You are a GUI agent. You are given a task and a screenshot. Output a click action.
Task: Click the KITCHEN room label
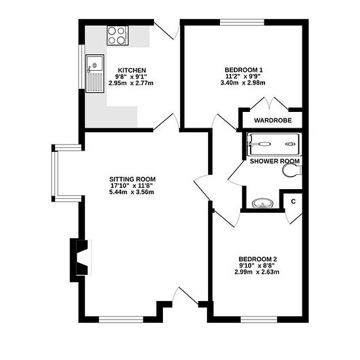point(132,70)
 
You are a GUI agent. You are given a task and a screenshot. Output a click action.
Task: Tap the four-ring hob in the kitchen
point(117,35)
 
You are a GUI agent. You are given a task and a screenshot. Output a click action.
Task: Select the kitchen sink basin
point(95,63)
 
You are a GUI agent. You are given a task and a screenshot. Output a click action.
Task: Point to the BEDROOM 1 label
point(243,70)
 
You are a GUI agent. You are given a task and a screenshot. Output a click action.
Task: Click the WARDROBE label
point(273,120)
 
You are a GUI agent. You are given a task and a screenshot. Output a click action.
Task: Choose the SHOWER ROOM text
point(275,161)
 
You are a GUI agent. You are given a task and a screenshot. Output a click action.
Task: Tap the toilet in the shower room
point(291,171)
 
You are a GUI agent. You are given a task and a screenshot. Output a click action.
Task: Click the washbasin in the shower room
point(262,204)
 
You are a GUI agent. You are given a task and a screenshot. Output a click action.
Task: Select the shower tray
point(274,144)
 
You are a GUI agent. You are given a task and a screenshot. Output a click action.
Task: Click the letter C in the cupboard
point(293,202)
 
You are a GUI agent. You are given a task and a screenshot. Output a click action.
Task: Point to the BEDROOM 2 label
point(258,259)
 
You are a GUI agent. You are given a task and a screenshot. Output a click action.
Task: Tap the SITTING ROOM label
point(132,179)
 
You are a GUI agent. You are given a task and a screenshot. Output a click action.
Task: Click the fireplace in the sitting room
point(81,257)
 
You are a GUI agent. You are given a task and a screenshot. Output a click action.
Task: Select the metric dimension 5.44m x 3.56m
point(132,192)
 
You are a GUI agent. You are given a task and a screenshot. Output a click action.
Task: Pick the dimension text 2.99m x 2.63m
point(257,272)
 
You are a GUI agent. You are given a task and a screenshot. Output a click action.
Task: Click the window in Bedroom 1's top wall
point(242,22)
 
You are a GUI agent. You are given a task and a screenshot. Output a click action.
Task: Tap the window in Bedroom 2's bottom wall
point(259,319)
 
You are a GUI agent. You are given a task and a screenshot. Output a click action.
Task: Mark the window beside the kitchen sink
point(82,67)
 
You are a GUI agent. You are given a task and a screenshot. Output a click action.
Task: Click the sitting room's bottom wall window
point(121,319)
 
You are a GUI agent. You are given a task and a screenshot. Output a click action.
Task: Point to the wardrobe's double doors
point(269,104)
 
